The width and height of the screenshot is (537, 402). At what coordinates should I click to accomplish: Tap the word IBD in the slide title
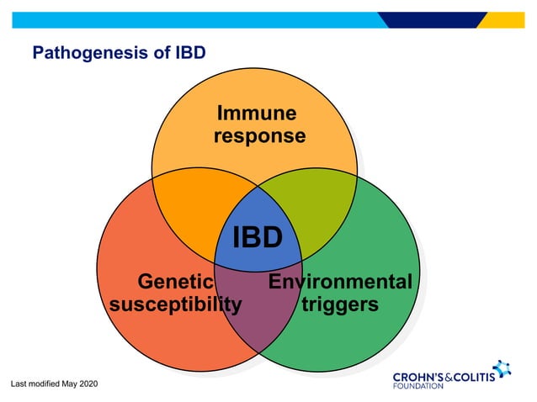click(190, 54)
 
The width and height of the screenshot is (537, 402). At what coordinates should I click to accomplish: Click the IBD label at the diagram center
click(257, 237)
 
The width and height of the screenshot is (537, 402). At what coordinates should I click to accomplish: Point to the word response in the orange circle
click(259, 135)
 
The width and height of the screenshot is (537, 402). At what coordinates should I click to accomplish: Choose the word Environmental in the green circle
click(340, 282)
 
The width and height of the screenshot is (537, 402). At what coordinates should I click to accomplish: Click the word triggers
click(339, 304)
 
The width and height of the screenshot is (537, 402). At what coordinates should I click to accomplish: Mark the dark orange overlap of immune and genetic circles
click(189, 210)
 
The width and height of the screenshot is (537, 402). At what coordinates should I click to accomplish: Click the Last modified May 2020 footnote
click(54, 383)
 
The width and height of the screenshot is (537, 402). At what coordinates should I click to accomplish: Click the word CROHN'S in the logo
click(420, 375)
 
